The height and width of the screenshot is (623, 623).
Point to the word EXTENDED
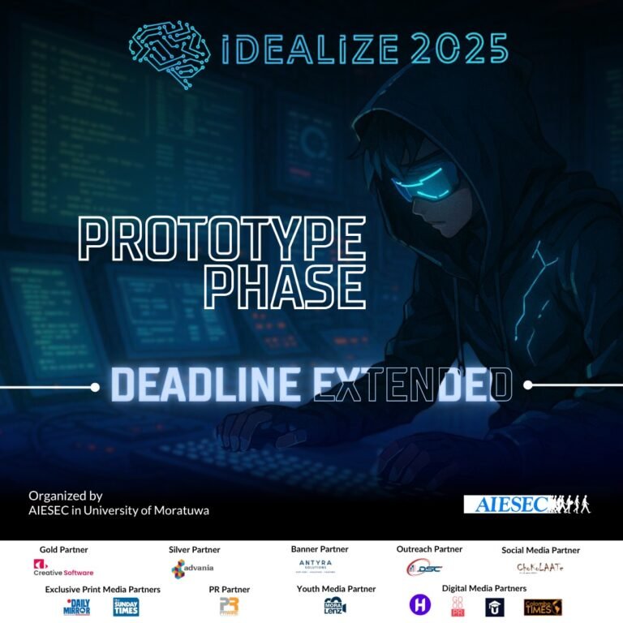(x=414, y=385)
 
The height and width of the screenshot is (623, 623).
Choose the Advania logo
(x=193, y=567)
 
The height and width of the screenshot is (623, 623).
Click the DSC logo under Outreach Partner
(x=423, y=568)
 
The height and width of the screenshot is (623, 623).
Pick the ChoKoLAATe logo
(x=540, y=568)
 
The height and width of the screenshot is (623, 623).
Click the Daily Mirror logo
(x=76, y=607)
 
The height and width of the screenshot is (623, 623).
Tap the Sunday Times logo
(x=126, y=607)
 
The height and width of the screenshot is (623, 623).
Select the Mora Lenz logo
(x=335, y=606)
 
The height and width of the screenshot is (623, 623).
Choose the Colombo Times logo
(x=543, y=607)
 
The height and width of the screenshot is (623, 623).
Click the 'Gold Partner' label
(x=63, y=550)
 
